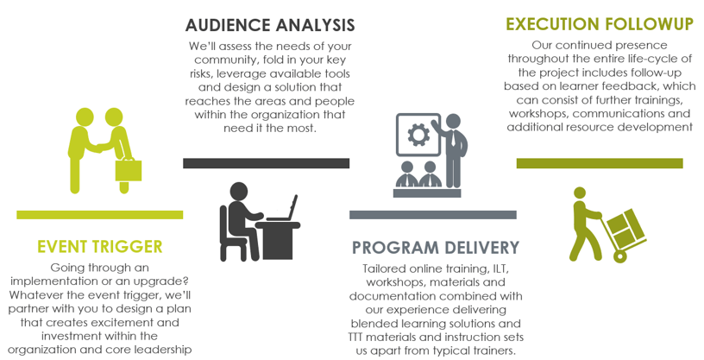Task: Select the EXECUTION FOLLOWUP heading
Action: click(599, 23)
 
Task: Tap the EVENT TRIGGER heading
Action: click(100, 248)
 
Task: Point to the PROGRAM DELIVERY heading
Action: click(436, 248)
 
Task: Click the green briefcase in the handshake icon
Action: click(129, 168)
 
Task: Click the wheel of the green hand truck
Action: click(619, 255)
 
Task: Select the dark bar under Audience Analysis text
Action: click(266, 163)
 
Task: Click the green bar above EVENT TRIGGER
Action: click(99, 215)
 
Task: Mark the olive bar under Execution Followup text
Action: click(599, 163)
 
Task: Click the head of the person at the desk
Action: click(239, 191)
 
